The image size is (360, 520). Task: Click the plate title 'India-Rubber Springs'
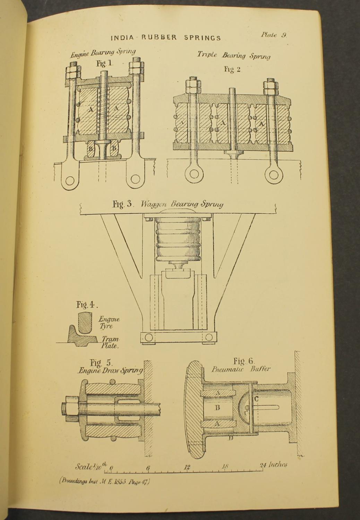(165, 38)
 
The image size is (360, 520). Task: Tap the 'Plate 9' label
(273, 35)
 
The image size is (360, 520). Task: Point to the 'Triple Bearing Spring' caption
(234, 55)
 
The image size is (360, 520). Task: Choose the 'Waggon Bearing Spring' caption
(182, 204)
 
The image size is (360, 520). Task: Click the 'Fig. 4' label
(87, 305)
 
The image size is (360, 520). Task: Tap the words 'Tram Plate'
(110, 342)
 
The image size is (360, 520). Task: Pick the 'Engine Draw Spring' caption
(110, 371)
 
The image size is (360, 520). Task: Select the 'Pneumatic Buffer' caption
(241, 369)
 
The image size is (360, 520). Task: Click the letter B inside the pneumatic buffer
(217, 408)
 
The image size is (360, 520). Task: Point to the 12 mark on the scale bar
(187, 467)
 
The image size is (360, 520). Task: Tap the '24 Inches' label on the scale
(274, 465)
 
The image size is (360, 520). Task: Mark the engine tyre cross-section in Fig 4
(85, 322)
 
